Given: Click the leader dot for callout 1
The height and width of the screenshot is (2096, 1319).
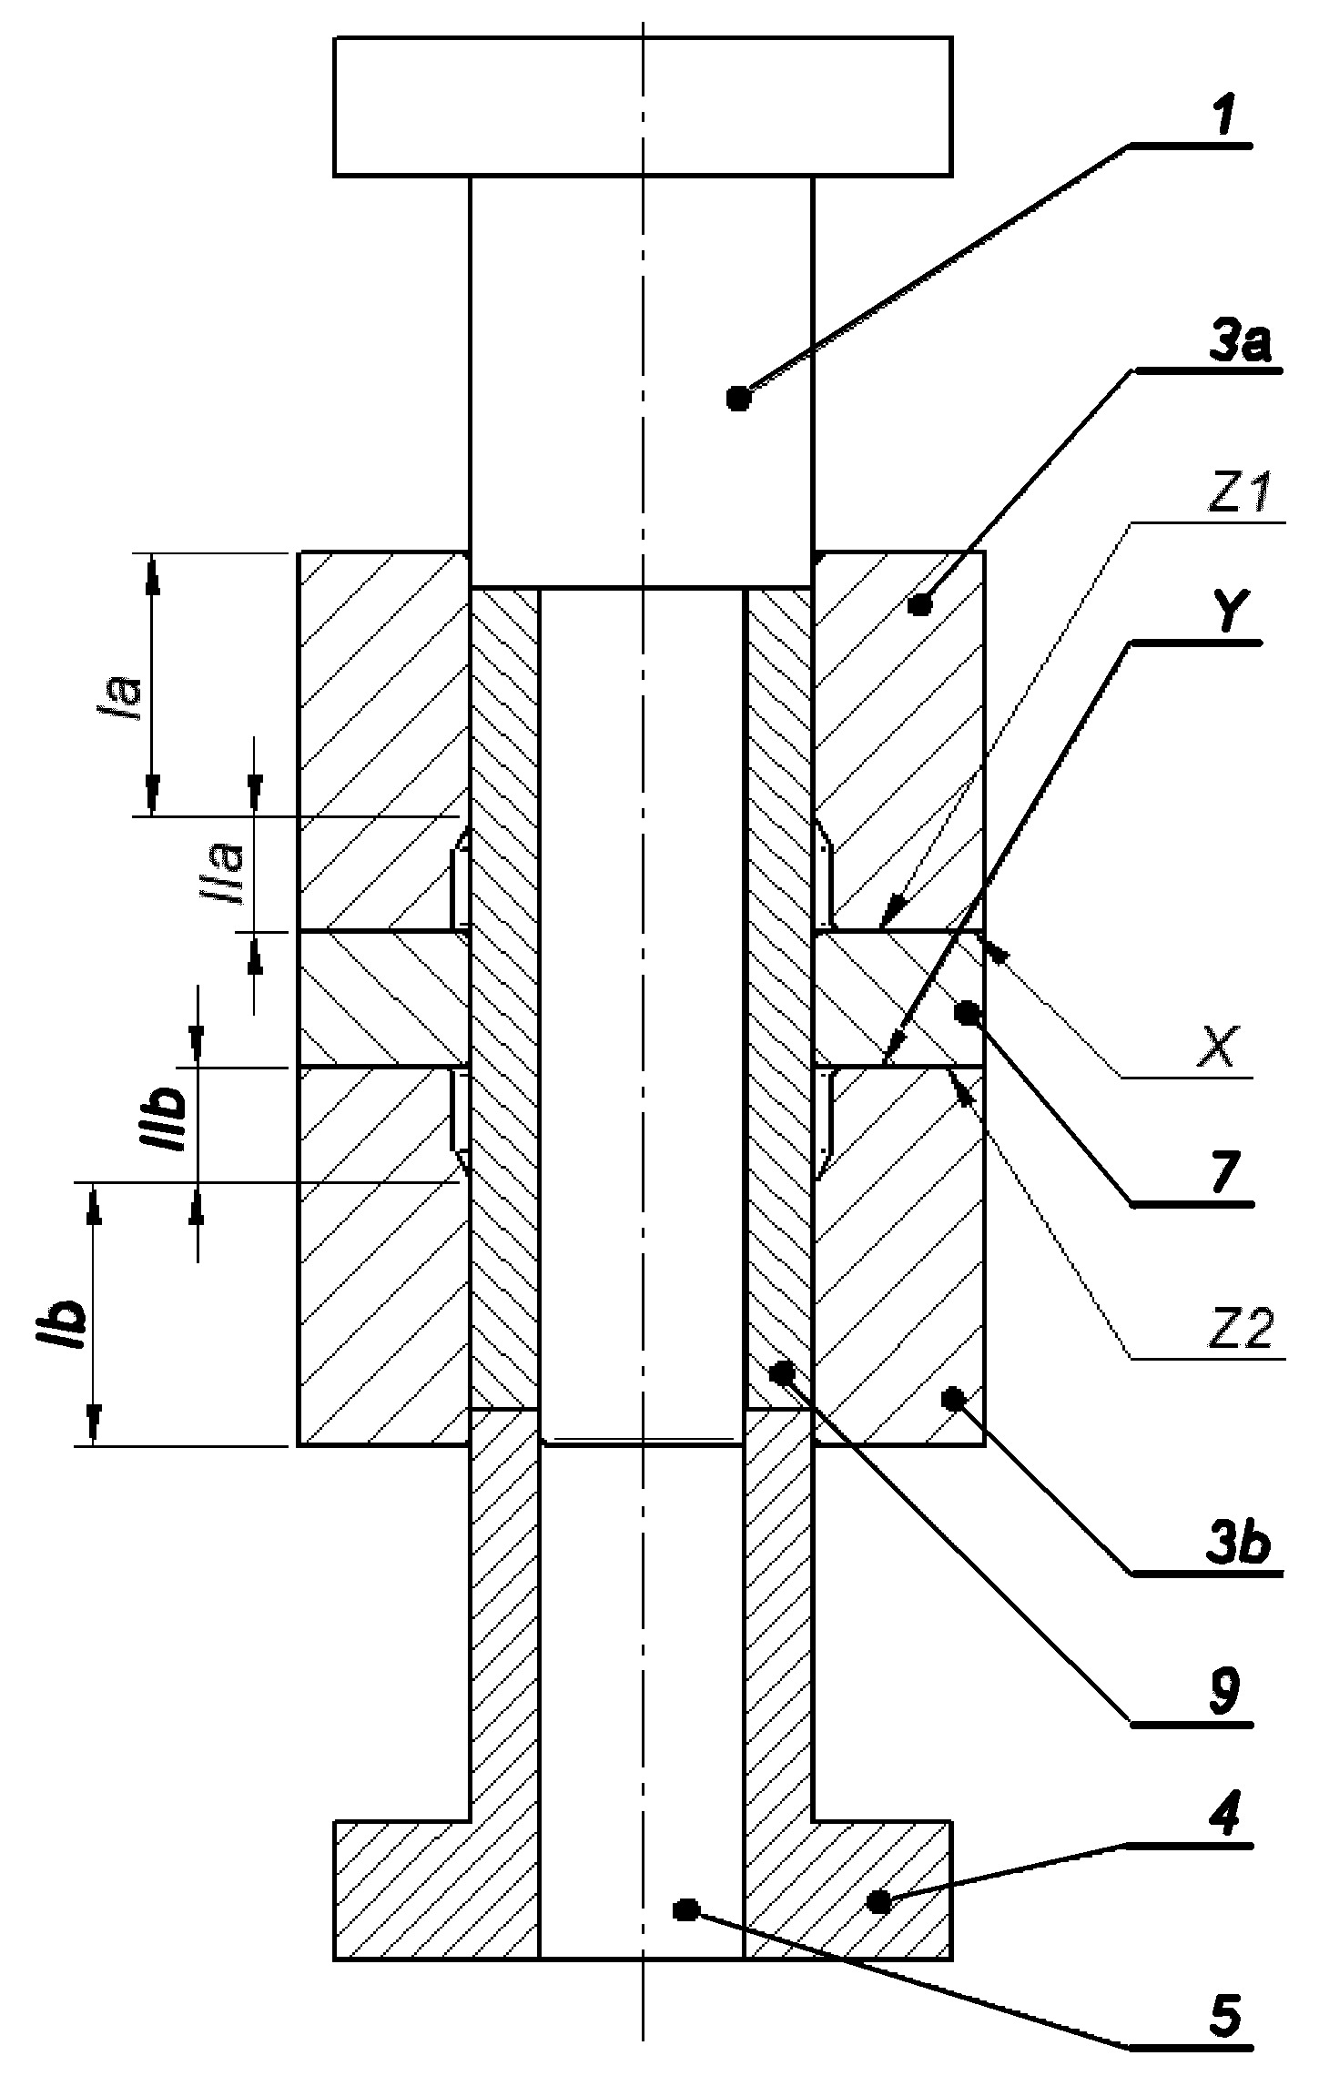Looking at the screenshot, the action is pyautogui.click(x=739, y=399).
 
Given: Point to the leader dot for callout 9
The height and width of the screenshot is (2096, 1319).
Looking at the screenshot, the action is pyautogui.click(x=780, y=1372).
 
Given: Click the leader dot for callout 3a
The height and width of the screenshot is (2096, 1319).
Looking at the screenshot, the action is pyautogui.click(x=921, y=603).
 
